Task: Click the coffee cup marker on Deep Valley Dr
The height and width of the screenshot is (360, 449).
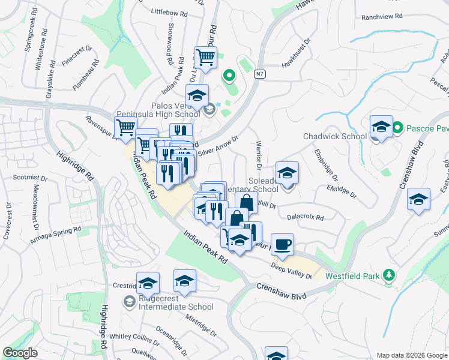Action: pyautogui.click(x=282, y=244)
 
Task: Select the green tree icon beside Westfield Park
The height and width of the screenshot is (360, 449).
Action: pyautogui.click(x=390, y=275)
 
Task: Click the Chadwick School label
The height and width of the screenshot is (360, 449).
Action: pyautogui.click(x=334, y=136)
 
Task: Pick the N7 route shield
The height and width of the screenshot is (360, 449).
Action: pyautogui.click(x=259, y=74)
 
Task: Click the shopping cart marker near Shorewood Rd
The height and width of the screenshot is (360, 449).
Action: pyautogui.click(x=205, y=58)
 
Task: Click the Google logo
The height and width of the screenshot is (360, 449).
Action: pyautogui.click(x=20, y=353)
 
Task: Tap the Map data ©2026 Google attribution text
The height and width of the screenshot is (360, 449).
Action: pyautogui.click(x=411, y=355)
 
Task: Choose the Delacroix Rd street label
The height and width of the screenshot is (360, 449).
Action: pyautogui.click(x=306, y=217)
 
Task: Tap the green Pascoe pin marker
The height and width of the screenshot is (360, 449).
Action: pyautogui.click(x=397, y=128)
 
